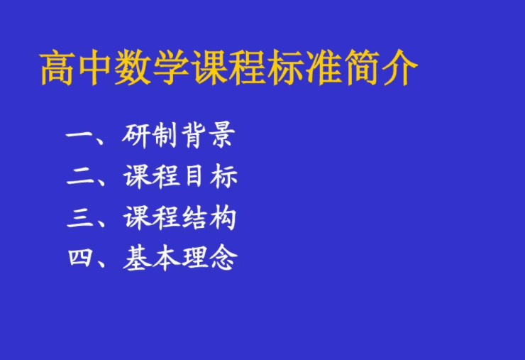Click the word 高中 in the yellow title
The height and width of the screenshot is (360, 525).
76,67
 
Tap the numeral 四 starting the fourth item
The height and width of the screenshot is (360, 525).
81,258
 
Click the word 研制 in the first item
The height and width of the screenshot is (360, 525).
149,136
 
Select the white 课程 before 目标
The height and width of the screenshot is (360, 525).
151,177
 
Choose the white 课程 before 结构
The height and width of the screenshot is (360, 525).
151,218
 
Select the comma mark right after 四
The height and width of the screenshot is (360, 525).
102,263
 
